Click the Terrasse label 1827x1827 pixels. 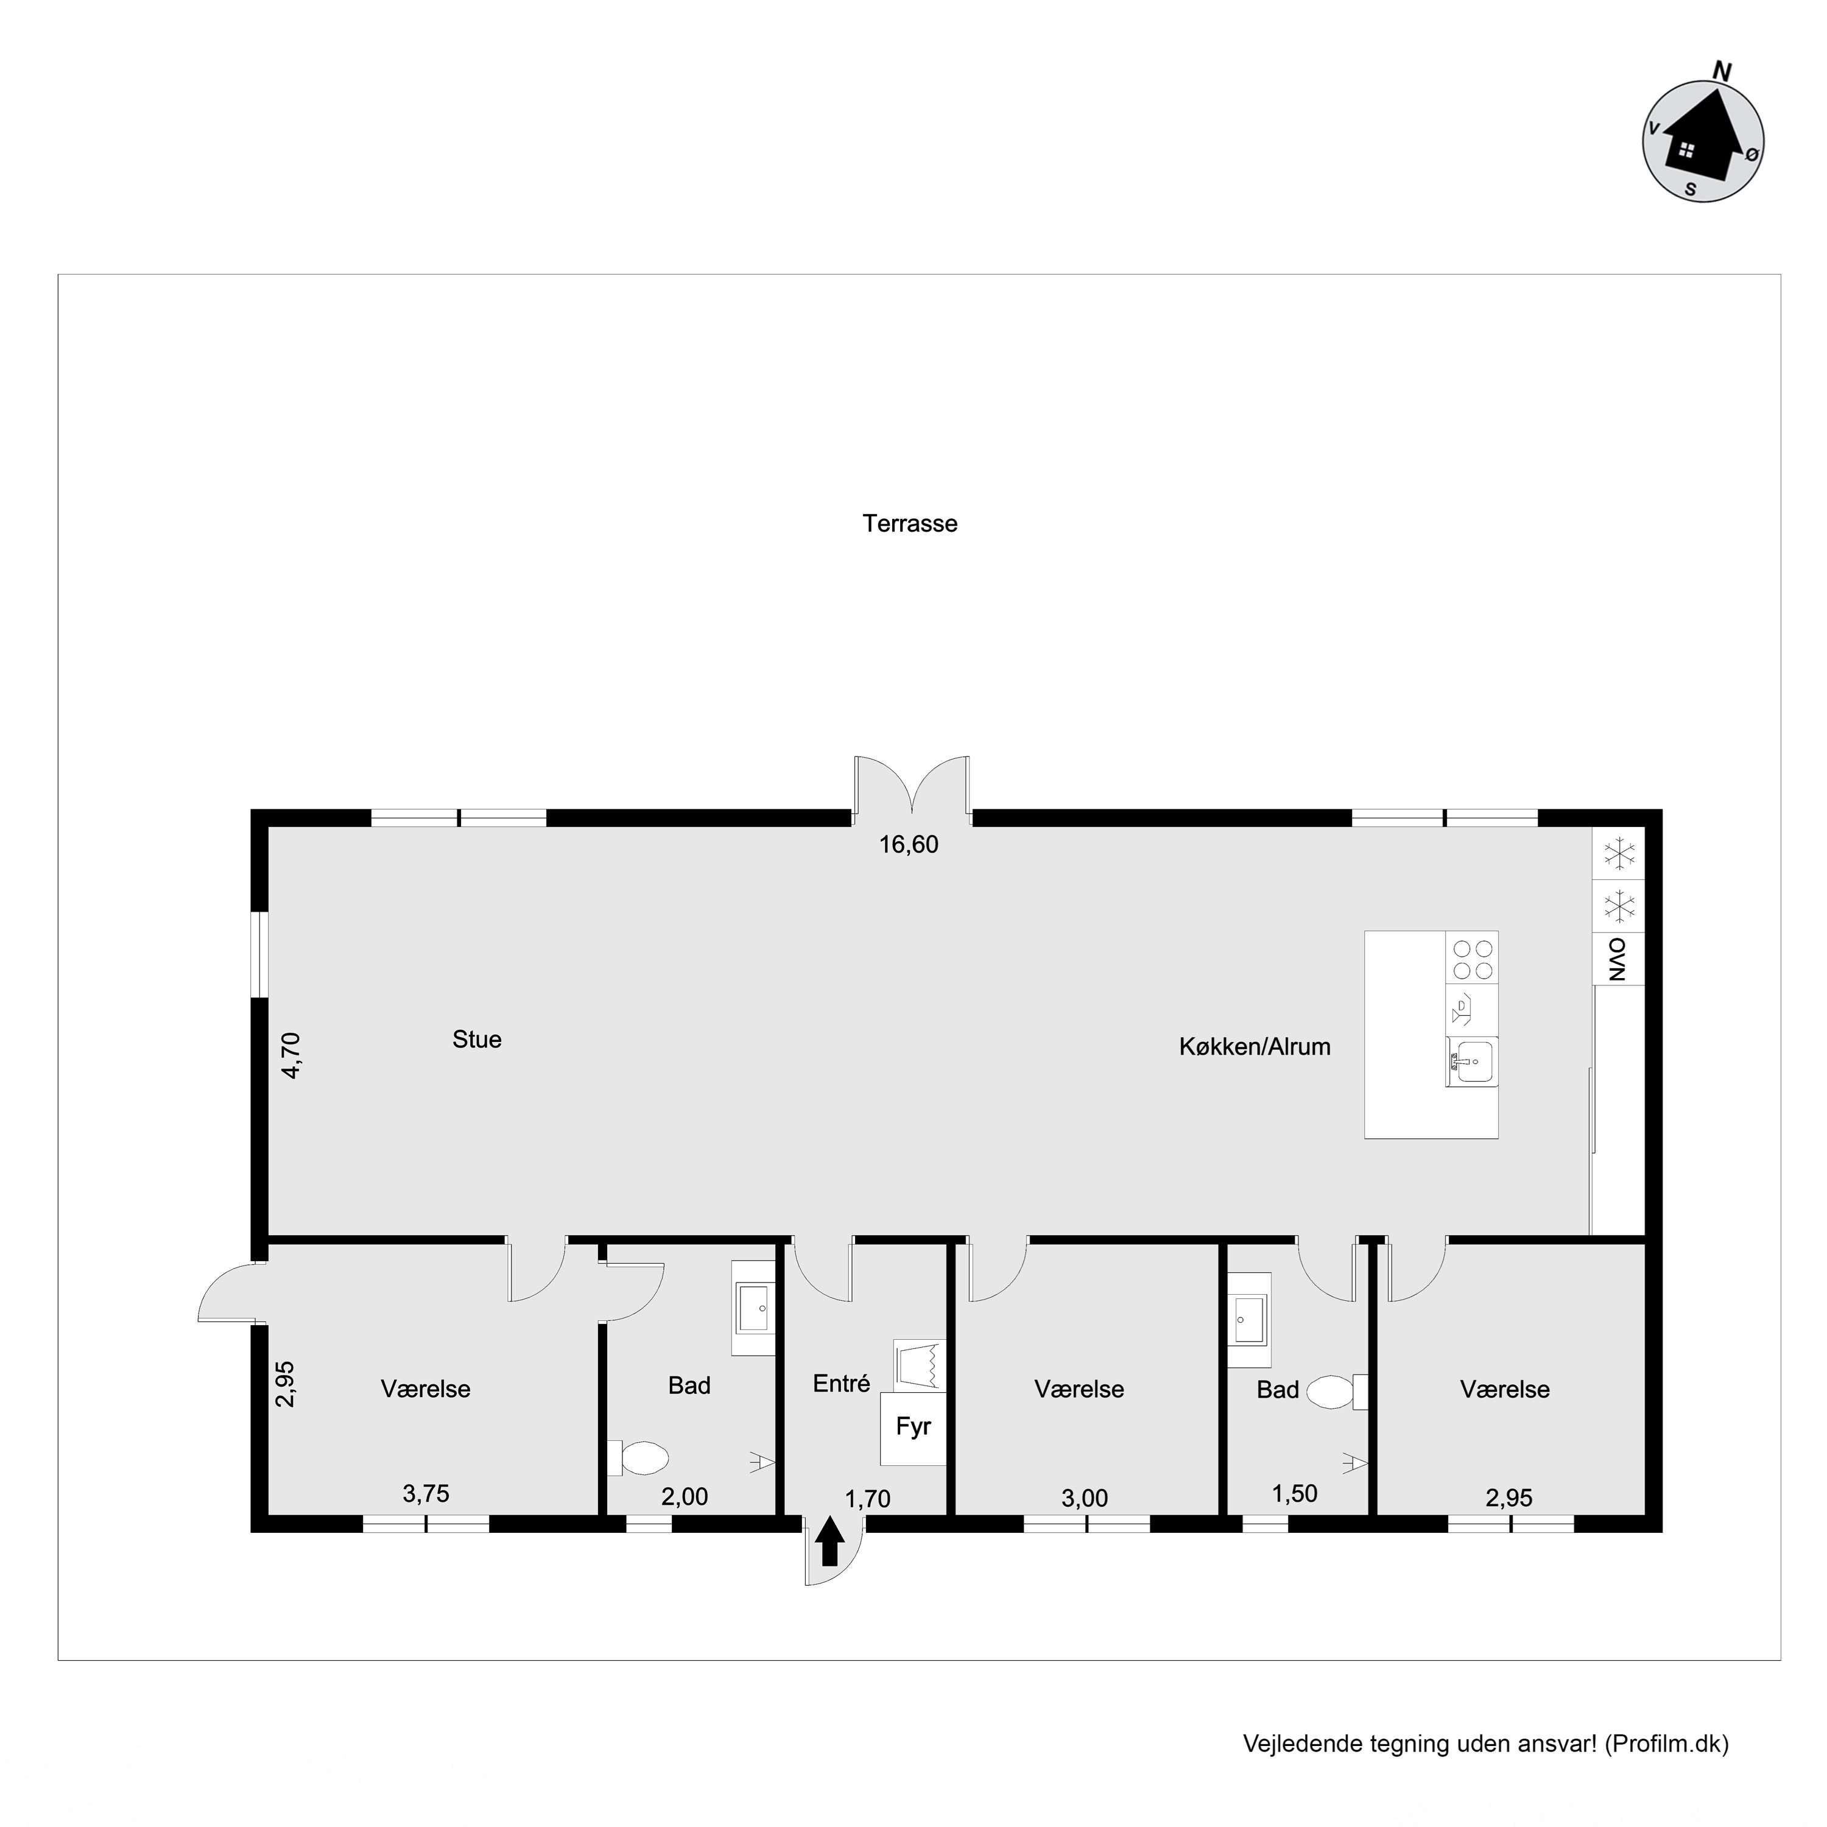(x=910, y=524)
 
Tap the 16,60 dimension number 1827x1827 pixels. (x=909, y=845)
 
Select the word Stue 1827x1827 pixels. (x=477, y=1040)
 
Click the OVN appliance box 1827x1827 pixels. (x=1618, y=959)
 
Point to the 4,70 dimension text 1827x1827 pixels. (x=291, y=1055)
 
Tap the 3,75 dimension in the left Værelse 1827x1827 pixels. (x=426, y=1494)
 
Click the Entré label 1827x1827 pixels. (x=840, y=1384)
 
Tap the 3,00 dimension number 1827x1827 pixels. (x=1084, y=1498)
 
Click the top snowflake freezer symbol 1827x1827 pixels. (x=1619, y=853)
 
